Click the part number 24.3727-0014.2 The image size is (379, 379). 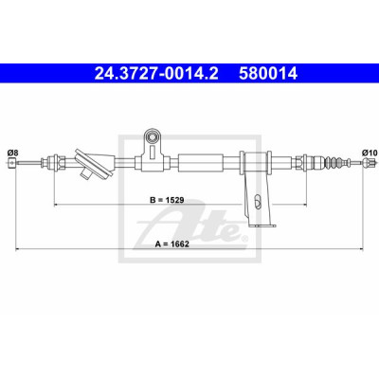(x=156, y=74)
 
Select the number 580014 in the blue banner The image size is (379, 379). (x=268, y=74)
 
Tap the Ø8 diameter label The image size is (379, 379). (x=12, y=153)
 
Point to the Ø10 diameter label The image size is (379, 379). (x=370, y=153)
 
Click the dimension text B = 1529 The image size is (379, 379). (x=167, y=200)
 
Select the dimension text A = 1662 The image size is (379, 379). (x=172, y=244)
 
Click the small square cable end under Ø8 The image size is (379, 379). (x=12, y=163)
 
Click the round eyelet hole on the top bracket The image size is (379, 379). (x=153, y=136)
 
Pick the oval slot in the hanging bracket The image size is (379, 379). (x=258, y=201)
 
